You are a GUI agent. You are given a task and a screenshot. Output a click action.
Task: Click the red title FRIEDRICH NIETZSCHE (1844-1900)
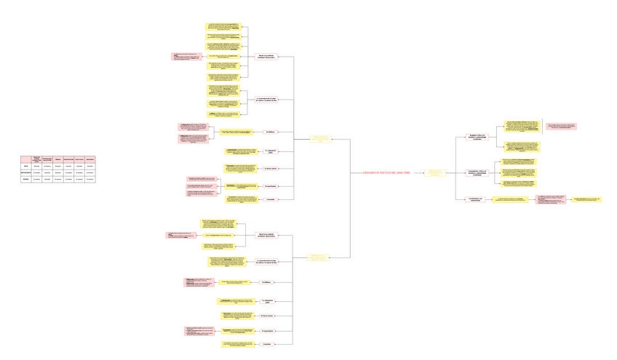pyautogui.click(x=387, y=173)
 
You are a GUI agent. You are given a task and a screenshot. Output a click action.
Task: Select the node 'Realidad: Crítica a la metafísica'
pyautogui.click(x=477, y=136)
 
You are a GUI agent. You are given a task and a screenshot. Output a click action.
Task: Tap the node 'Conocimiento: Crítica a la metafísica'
pyautogui.click(x=477, y=172)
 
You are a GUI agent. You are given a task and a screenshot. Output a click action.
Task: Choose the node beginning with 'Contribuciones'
pyautogui.click(x=475, y=199)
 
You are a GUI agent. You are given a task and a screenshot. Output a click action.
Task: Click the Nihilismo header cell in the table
pyautogui.click(x=58, y=159)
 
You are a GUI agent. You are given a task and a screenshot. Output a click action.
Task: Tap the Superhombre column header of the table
pyautogui.click(x=90, y=159)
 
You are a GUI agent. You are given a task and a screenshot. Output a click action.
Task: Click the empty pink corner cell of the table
pyautogui.click(x=26, y=159)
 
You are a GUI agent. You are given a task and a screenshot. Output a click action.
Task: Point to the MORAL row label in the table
pyautogui.click(x=26, y=179)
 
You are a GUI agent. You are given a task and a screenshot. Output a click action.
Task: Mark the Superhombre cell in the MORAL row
pyautogui.click(x=90, y=179)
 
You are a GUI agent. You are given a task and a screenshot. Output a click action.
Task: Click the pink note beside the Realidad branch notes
pyautogui.click(x=561, y=127)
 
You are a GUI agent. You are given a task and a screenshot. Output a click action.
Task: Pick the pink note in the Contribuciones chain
pyautogui.click(x=550, y=199)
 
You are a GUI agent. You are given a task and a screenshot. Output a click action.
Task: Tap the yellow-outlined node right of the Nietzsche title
pyautogui.click(x=436, y=173)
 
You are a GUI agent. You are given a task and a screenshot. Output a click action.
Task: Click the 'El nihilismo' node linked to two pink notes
pyautogui.click(x=269, y=132)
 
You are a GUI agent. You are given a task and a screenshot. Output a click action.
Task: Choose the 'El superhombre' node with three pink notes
pyautogui.click(x=269, y=186)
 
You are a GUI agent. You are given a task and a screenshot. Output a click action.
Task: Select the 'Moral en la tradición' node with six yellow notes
pyautogui.click(x=267, y=56)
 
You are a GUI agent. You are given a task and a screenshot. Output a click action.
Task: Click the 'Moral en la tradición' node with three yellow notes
pyautogui.click(x=267, y=235)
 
